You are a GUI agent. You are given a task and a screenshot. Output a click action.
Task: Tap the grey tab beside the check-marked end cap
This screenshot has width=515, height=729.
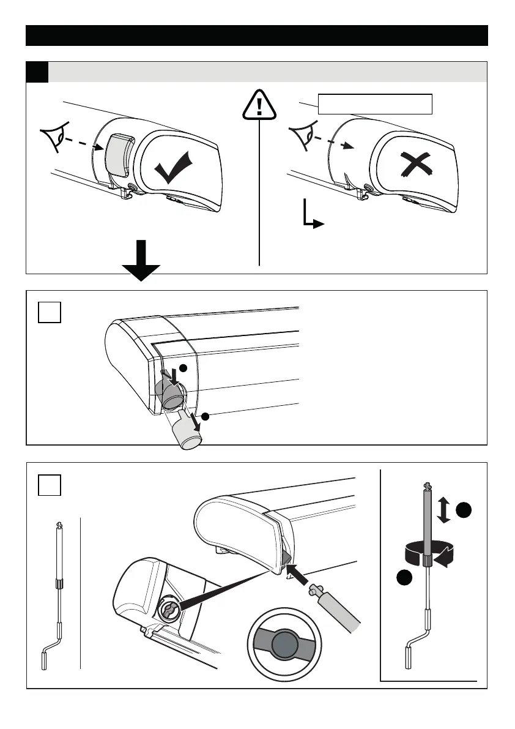pyautogui.click(x=117, y=153)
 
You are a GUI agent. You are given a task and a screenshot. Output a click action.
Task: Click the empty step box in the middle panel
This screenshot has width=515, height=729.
pyautogui.click(x=49, y=314)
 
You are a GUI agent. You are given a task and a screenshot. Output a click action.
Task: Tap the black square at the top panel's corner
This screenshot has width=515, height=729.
pyautogui.click(x=37, y=72)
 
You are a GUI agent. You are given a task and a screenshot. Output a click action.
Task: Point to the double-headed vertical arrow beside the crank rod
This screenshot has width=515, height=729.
pyautogui.click(x=445, y=510)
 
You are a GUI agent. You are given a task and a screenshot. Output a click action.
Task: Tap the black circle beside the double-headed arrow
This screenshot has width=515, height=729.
pyautogui.click(x=466, y=510)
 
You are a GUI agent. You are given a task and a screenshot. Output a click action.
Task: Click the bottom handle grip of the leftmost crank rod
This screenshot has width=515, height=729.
pyautogui.click(x=44, y=662)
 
